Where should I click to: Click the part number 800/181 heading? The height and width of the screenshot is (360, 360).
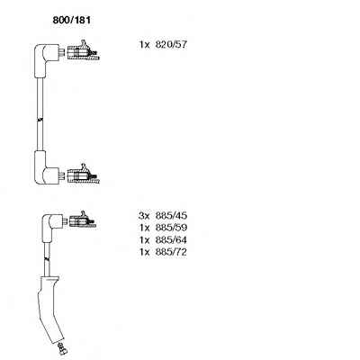coord(71,20)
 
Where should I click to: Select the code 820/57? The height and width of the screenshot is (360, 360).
coord(171,45)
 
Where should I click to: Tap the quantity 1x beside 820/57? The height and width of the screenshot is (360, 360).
coord(144,45)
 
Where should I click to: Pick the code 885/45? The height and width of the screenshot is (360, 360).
coord(171,215)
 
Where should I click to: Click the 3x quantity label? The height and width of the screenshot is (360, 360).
coord(144,215)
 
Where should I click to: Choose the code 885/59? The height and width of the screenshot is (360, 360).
coord(171,228)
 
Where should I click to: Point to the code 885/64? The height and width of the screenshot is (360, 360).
coord(171,240)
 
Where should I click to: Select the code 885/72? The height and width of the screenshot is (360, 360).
coord(171,252)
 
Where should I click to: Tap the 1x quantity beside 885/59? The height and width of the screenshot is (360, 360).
coord(144,228)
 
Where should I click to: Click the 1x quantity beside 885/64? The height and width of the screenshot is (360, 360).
coord(144,240)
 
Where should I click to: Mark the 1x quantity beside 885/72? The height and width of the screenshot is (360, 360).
coord(144,252)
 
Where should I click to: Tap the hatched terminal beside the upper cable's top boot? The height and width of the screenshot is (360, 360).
coord(83,52)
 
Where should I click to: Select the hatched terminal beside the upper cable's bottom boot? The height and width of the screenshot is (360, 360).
coord(83,175)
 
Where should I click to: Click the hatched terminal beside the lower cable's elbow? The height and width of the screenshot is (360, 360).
coord(82,220)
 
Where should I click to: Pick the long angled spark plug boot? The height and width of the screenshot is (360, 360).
coord(50,309)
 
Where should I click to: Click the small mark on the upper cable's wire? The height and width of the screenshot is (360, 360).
coord(40,120)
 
